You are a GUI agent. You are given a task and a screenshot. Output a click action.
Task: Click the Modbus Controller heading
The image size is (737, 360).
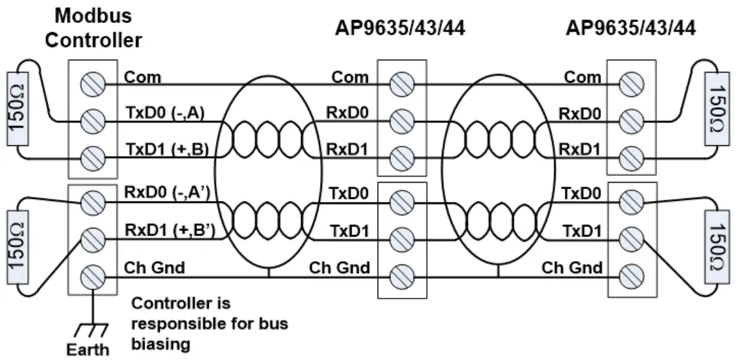(98, 27)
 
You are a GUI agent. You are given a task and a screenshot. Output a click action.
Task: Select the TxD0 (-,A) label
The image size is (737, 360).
(165, 113)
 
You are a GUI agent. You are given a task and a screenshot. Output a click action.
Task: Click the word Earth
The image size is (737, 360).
(88, 349)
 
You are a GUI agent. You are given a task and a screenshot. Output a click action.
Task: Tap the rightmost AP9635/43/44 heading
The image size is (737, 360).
(631, 27)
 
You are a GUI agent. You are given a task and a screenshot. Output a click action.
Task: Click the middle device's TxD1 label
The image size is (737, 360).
(348, 230)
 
